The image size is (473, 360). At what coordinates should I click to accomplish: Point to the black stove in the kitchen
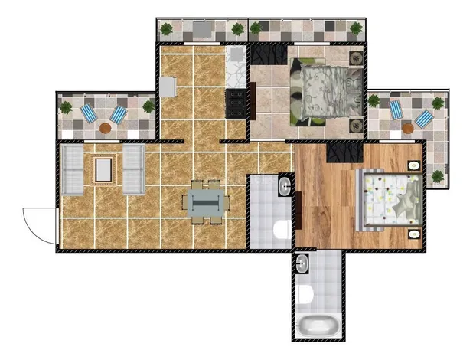pos(239,103)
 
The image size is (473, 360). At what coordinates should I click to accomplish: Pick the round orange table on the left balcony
pos(105,128)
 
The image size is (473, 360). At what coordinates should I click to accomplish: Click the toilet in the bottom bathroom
pos(305,293)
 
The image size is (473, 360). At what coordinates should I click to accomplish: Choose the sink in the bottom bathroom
pos(303,265)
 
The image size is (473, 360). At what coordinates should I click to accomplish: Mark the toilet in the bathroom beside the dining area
pos(280,227)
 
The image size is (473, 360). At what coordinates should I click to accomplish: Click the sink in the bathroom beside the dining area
pos(284,185)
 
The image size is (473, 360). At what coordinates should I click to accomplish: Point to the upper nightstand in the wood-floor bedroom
pos(414,166)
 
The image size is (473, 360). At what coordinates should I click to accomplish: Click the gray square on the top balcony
pos(202,29)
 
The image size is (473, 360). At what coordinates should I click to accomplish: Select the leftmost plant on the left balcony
pos(67,107)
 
